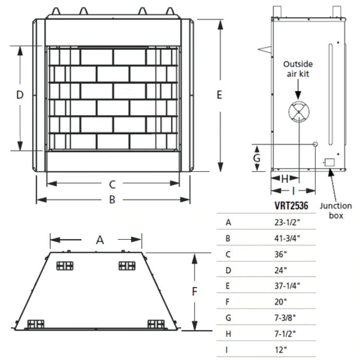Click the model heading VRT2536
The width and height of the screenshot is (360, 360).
coord(290,206)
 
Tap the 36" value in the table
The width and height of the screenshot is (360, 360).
coord(280,255)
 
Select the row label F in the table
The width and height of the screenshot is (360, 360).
coord(228,301)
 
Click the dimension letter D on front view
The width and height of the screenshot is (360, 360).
coord(20,95)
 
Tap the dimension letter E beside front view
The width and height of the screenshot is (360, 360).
coord(220,95)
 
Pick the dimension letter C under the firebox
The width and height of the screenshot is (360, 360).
coord(111,184)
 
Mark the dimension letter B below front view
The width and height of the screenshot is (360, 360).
coord(111,200)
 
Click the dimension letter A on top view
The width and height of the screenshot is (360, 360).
coord(100,240)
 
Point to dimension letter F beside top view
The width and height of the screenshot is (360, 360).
coord(195,292)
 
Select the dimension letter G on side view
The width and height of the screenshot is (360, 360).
coord(256,157)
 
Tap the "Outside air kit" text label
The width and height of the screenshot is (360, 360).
coord(298,69)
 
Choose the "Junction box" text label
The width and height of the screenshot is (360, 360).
coord(336,210)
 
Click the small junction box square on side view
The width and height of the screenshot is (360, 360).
coord(329,162)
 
